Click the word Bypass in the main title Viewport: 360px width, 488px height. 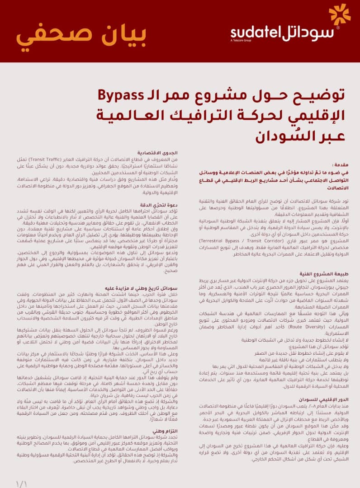[x=122, y=96]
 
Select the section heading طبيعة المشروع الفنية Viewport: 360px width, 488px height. [x=322, y=274]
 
